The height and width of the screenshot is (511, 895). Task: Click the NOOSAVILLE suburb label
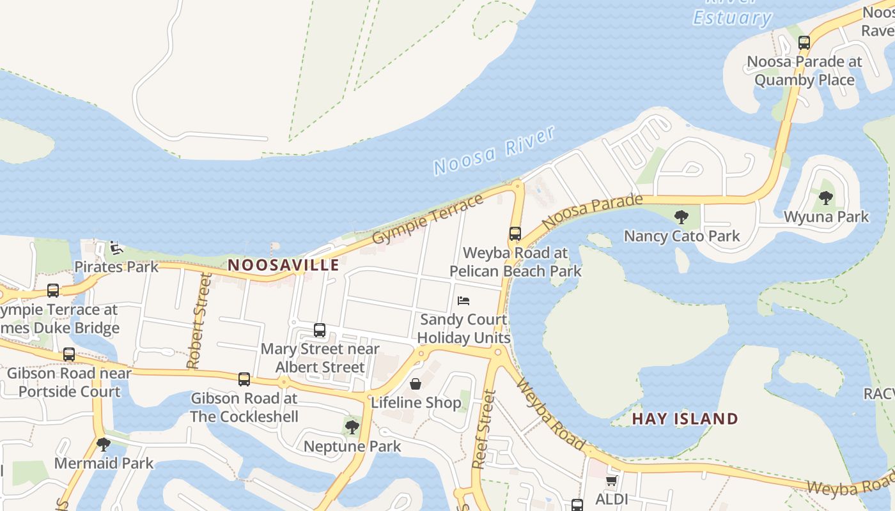pyautogui.click(x=283, y=265)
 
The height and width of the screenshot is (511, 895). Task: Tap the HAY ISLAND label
pyautogui.click(x=685, y=419)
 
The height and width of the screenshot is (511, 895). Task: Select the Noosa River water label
pyautogui.click(x=494, y=151)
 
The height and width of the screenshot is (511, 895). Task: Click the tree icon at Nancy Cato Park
pyautogui.click(x=681, y=217)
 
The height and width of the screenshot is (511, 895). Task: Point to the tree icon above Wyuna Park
pyautogui.click(x=826, y=198)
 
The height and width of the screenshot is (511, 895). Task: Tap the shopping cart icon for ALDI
pyautogui.click(x=612, y=480)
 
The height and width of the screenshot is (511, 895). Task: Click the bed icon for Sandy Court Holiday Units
pyautogui.click(x=463, y=300)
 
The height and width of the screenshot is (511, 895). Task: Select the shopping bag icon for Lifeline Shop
pyautogui.click(x=416, y=384)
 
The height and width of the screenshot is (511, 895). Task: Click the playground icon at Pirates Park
pyautogui.click(x=116, y=248)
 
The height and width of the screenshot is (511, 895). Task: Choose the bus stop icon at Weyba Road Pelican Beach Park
pyautogui.click(x=515, y=234)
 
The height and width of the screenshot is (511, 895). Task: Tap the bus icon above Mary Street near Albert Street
pyautogui.click(x=320, y=330)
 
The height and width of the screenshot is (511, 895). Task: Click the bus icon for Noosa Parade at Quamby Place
pyautogui.click(x=804, y=43)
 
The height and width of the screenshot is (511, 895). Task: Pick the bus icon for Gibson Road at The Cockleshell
pyautogui.click(x=244, y=379)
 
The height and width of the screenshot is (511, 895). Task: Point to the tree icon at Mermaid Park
pyautogui.click(x=104, y=444)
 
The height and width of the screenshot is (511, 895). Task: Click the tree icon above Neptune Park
pyautogui.click(x=352, y=427)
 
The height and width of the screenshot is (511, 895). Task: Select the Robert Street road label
pyautogui.click(x=198, y=321)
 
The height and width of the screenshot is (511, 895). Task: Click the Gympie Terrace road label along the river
pyautogui.click(x=428, y=218)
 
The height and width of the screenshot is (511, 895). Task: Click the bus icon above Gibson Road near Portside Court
pyautogui.click(x=69, y=355)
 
